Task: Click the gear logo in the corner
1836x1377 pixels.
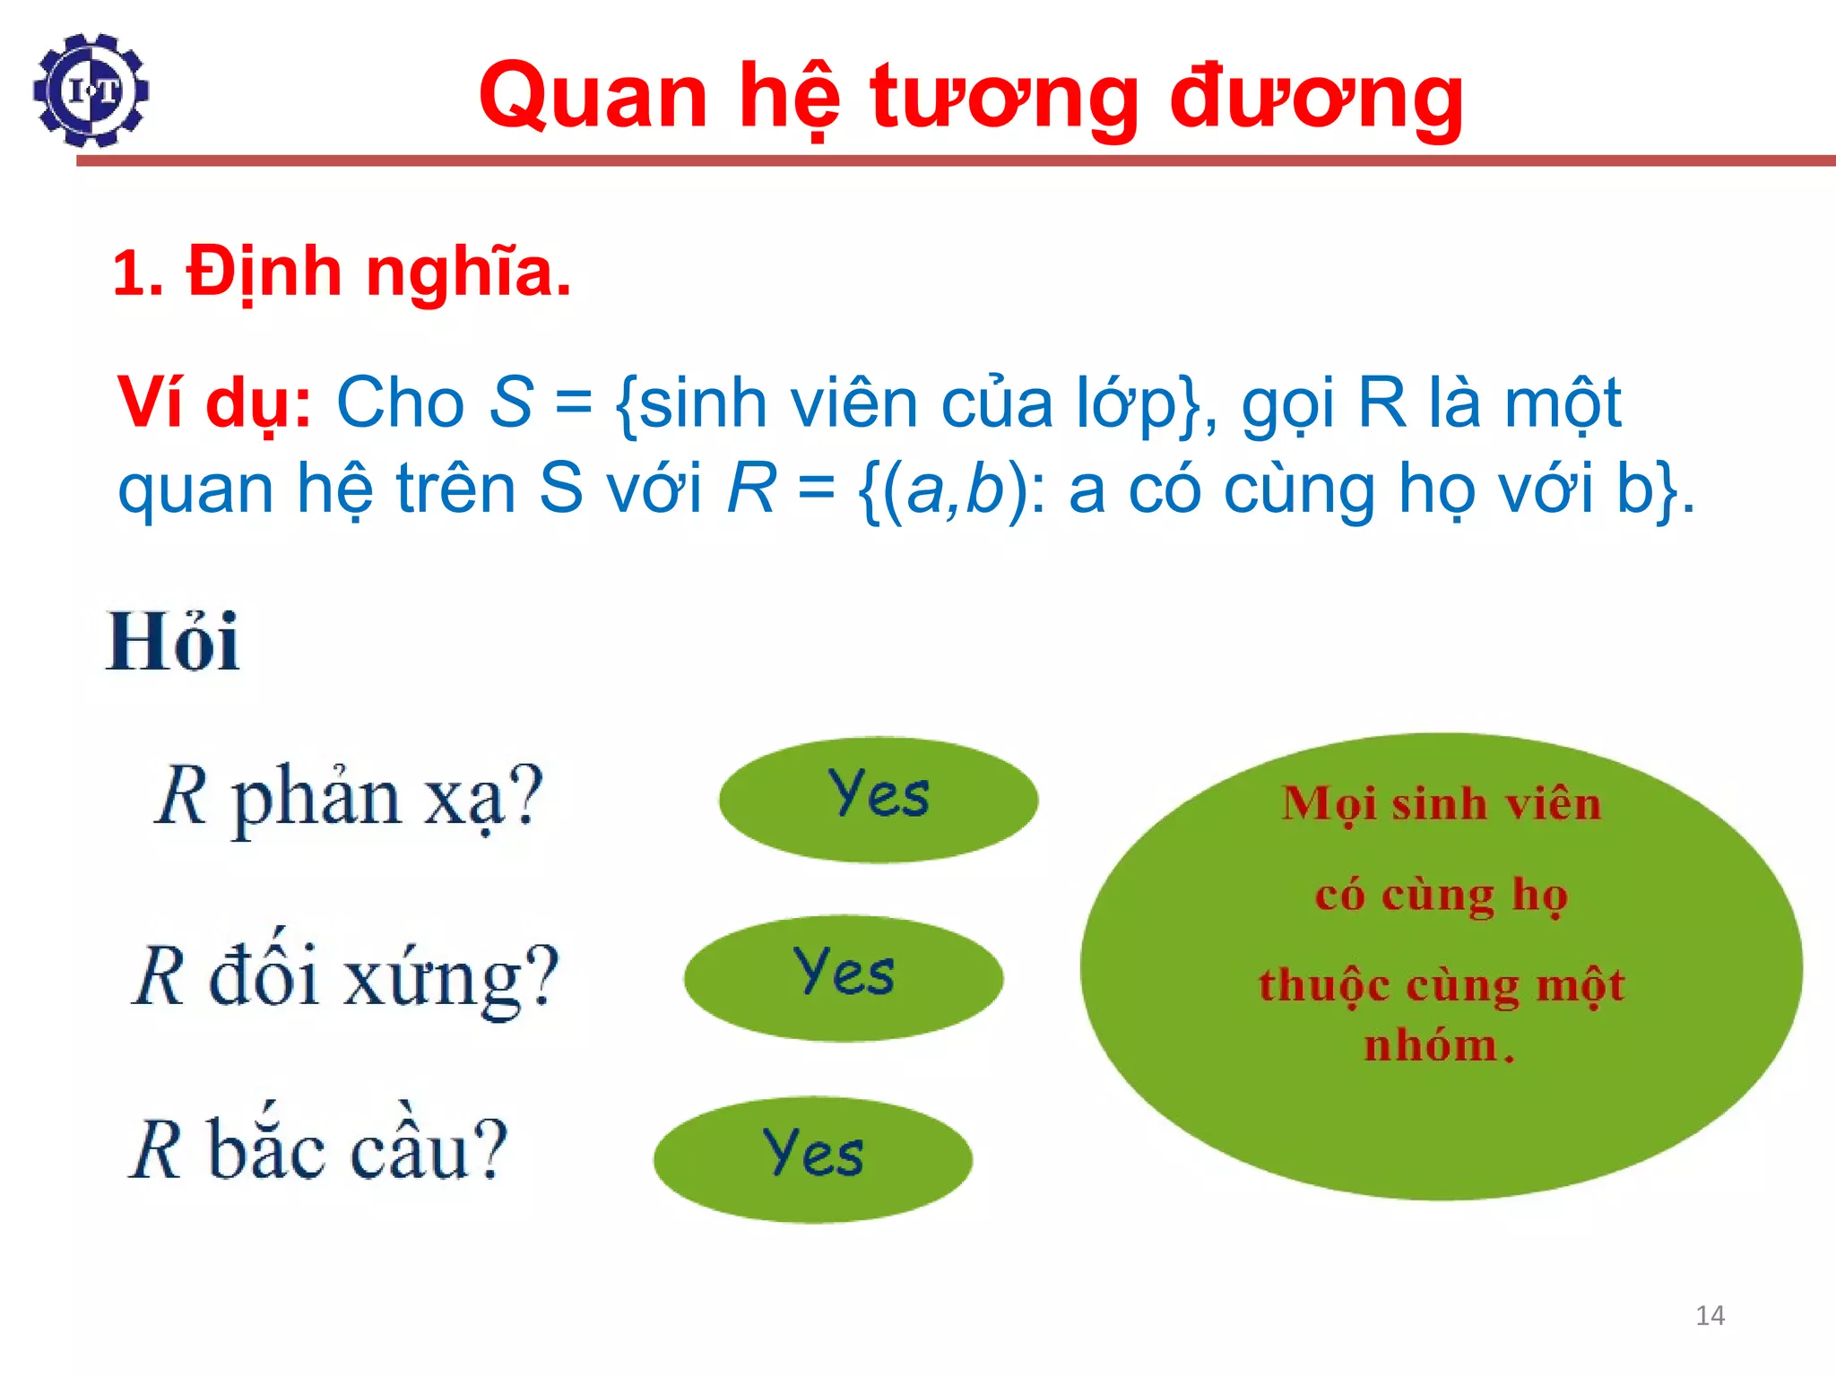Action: click(x=91, y=91)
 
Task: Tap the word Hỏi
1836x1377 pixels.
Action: click(x=173, y=642)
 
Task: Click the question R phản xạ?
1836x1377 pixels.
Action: click(x=349, y=797)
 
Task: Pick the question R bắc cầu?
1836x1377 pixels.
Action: click(x=319, y=1150)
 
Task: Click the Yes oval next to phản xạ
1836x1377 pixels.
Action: click(x=878, y=800)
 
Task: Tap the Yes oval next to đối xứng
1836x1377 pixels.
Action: click(x=843, y=978)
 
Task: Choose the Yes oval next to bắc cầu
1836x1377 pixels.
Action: click(x=812, y=1159)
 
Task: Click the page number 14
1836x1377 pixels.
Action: click(x=1710, y=1315)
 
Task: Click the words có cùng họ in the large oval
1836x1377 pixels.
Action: click(x=1441, y=895)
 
